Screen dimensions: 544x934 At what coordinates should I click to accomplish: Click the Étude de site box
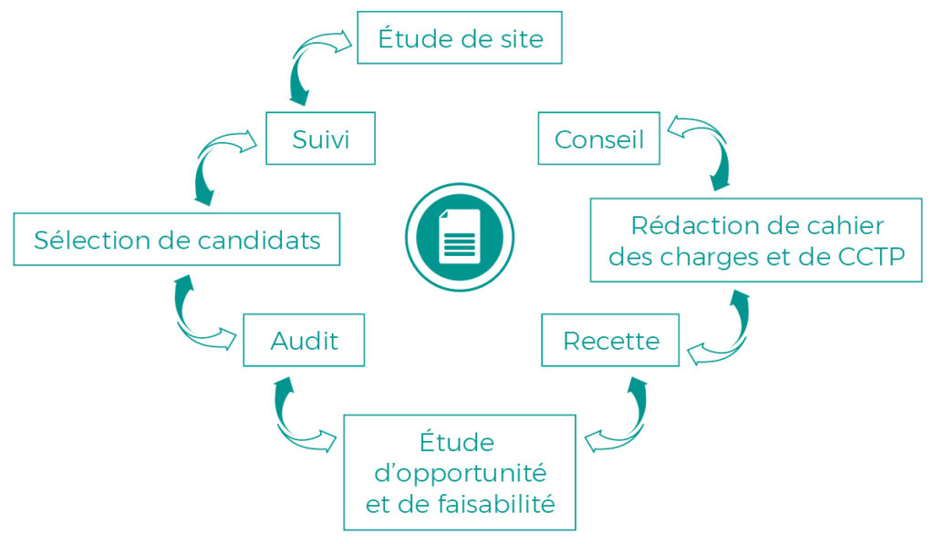[x=459, y=39]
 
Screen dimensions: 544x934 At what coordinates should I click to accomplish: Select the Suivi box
[x=320, y=139]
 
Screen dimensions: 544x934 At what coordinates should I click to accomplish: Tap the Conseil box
[x=598, y=139]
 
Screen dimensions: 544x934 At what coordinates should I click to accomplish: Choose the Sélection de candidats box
[x=177, y=240]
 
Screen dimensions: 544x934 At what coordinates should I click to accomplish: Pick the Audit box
[x=304, y=341]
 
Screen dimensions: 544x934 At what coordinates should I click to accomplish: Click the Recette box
[x=610, y=341]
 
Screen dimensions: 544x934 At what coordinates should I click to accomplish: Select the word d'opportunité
[x=459, y=474]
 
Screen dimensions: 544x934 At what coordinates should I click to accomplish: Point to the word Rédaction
[x=685, y=225]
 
